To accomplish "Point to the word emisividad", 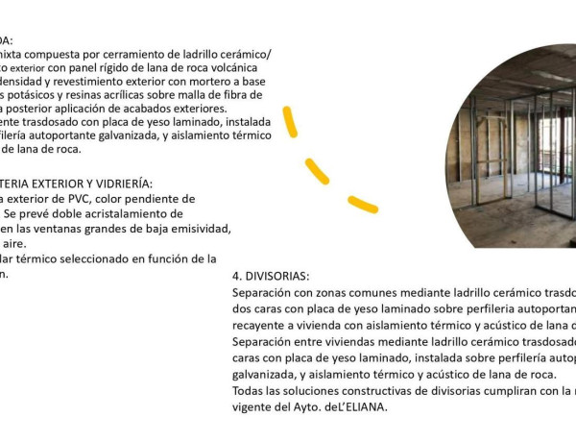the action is [198, 228].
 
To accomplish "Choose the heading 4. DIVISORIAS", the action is [271, 276].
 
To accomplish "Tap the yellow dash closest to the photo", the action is [362, 204].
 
